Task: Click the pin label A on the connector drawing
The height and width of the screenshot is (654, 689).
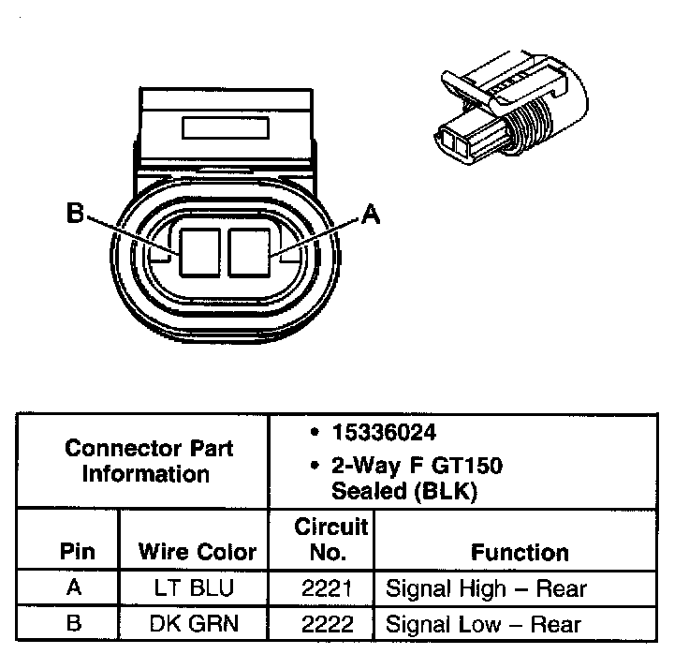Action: point(371,215)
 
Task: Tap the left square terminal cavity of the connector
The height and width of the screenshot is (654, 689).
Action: point(199,250)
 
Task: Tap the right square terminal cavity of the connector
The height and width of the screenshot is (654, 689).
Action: point(247,250)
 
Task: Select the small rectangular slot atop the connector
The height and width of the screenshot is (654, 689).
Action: point(222,127)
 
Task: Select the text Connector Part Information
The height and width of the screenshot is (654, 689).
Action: point(149,461)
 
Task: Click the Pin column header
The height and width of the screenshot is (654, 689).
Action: point(78,552)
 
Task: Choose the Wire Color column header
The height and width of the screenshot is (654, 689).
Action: point(197,552)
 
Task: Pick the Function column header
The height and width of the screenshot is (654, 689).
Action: point(520,552)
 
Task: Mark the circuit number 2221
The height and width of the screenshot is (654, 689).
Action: point(328,588)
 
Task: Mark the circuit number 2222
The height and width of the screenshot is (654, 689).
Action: point(328,623)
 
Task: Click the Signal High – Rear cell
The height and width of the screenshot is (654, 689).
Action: point(486,588)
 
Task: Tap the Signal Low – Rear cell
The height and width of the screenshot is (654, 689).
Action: point(484,623)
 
